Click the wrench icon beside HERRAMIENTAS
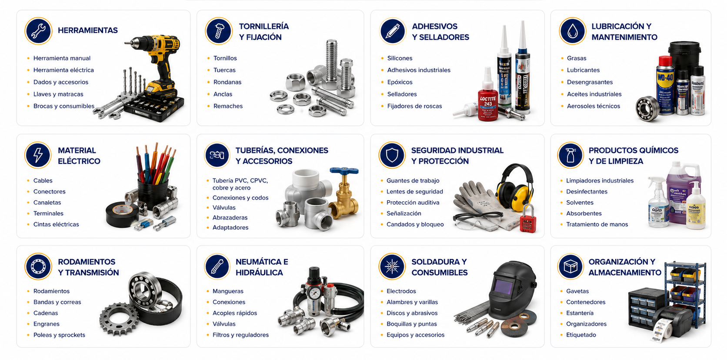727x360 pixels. tap(38, 31)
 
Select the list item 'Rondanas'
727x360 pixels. tap(227, 82)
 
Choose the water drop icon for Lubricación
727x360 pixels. tap(573, 31)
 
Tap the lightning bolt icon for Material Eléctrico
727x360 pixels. tap(38, 155)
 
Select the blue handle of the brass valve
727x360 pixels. tap(344, 171)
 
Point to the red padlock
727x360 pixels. tap(528, 219)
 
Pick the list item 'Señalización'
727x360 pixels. tap(404, 213)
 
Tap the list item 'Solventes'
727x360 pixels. tap(580, 203)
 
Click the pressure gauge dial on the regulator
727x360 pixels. tap(314, 293)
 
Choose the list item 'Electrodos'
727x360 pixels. tap(401, 291)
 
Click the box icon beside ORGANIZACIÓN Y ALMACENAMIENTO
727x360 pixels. tap(570, 267)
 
